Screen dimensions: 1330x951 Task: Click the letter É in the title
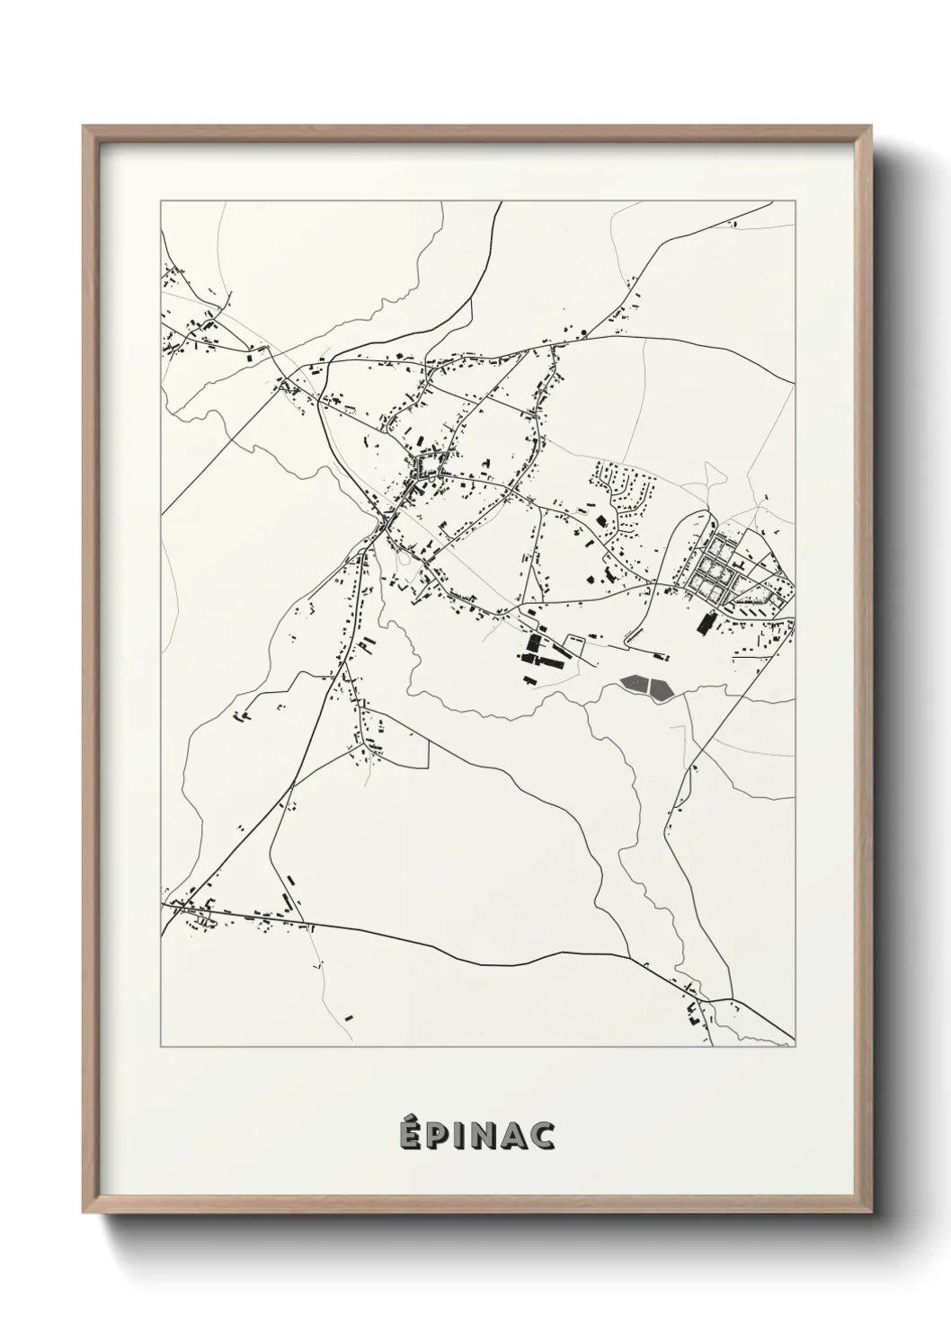click(x=410, y=1135)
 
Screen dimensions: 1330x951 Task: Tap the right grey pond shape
click(x=662, y=689)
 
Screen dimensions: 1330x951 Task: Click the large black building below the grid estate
click(x=706, y=623)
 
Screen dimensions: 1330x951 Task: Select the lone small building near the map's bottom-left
click(x=349, y=1017)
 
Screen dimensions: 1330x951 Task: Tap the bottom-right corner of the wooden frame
click(x=870, y=1214)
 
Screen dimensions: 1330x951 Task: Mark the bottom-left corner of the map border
click(x=161, y=1047)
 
